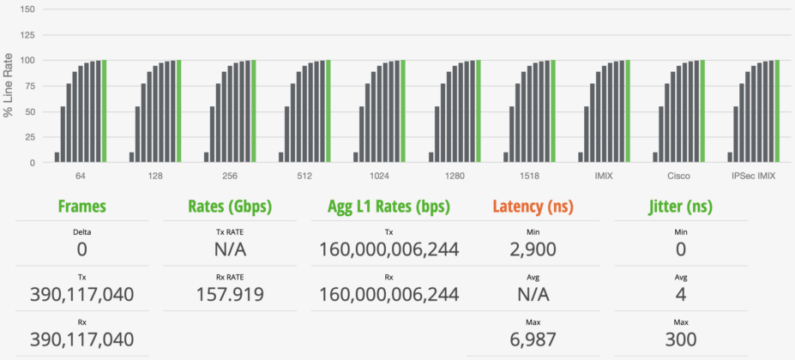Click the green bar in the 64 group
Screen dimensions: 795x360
point(104,111)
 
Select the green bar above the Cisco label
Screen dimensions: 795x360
point(702,111)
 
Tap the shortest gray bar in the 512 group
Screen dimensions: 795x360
point(281,157)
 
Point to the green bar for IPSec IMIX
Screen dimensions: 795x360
point(777,111)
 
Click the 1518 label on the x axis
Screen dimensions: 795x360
point(530,177)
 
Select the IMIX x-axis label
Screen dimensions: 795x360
point(605,177)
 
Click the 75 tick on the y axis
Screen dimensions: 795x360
point(29,87)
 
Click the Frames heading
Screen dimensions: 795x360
point(81,207)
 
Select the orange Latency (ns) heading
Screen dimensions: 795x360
point(533,207)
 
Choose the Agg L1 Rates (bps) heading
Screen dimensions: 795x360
point(388,207)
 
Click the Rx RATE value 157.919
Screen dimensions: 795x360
point(230,294)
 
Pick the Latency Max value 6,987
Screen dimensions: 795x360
point(533,339)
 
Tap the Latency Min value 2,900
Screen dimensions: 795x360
point(533,249)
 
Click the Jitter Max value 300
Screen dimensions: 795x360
point(681,339)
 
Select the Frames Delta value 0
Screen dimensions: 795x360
point(82,249)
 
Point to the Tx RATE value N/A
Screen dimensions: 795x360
point(230,249)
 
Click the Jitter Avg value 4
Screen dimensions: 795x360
point(681,294)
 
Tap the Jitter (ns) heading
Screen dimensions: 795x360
point(681,207)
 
